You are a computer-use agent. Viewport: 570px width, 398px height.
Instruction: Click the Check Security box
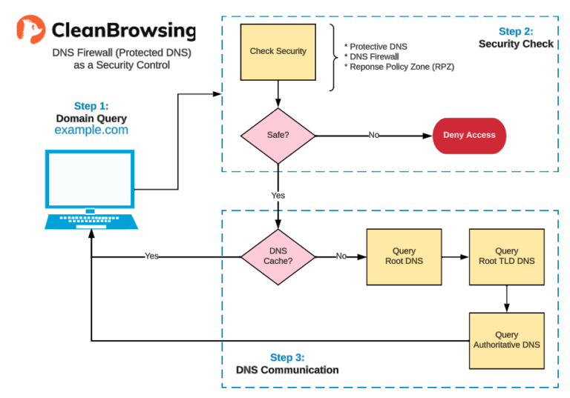pos(278,52)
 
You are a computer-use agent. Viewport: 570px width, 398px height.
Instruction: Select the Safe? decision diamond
pos(278,136)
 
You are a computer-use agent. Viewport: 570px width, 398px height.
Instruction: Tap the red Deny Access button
pos(469,136)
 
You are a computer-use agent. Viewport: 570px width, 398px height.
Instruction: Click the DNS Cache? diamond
pos(278,256)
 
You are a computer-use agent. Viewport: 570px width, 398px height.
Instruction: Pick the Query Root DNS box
pos(404,256)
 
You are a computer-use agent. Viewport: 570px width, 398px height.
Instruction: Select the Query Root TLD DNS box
pos(506,256)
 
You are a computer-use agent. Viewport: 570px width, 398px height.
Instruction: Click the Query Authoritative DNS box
pos(506,340)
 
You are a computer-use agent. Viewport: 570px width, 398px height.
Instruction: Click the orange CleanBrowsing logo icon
pos(30,30)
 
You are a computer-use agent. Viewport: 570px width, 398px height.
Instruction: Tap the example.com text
pos(91,130)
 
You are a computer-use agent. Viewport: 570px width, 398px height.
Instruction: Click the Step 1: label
pos(91,106)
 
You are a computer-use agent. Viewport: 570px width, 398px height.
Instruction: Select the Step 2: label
pos(515,32)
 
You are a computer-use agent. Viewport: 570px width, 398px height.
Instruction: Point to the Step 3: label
pos(287,357)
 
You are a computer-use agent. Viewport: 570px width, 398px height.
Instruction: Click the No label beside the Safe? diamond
pos(374,136)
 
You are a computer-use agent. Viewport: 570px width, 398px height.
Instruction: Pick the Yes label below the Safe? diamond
pos(278,196)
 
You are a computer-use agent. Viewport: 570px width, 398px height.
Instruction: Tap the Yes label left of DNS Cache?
pos(151,256)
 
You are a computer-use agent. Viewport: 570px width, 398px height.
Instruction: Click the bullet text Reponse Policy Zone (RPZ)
pos(399,67)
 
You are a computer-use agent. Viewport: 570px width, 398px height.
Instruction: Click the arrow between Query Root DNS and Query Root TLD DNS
pos(455,256)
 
